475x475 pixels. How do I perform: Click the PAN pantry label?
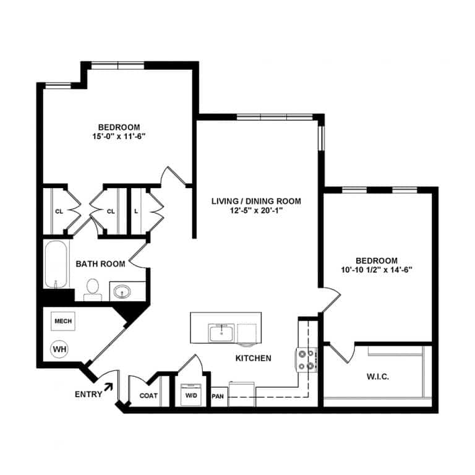pyautogui.click(x=218, y=396)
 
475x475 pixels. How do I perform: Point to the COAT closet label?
pyautogui.click(x=148, y=396)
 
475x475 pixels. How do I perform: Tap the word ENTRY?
pyautogui.click(x=88, y=395)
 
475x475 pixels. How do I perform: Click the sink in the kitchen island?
pyautogui.click(x=221, y=333)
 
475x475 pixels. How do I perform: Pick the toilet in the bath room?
pyautogui.click(x=93, y=288)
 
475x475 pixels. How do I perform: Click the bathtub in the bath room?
pyautogui.click(x=55, y=265)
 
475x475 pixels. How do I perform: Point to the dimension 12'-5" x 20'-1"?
pyautogui.click(x=255, y=210)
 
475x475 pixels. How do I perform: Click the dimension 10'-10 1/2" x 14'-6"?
pyautogui.click(x=376, y=270)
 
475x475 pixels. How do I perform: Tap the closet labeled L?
pyautogui.click(x=136, y=211)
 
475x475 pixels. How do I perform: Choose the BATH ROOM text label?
pyautogui.click(x=100, y=264)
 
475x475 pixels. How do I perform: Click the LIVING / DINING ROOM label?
pyautogui.click(x=255, y=201)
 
